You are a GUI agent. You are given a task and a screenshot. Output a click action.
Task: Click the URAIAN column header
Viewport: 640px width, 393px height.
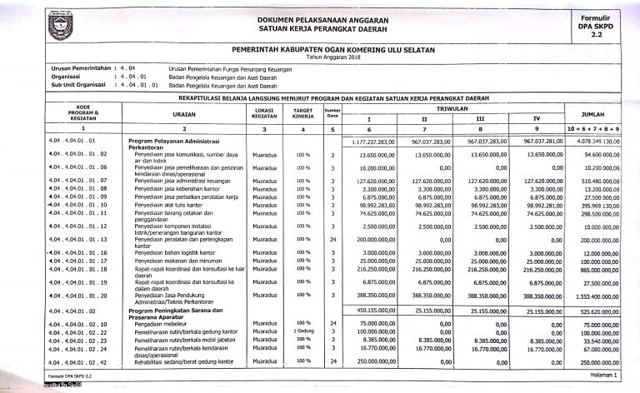[x=184, y=114]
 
